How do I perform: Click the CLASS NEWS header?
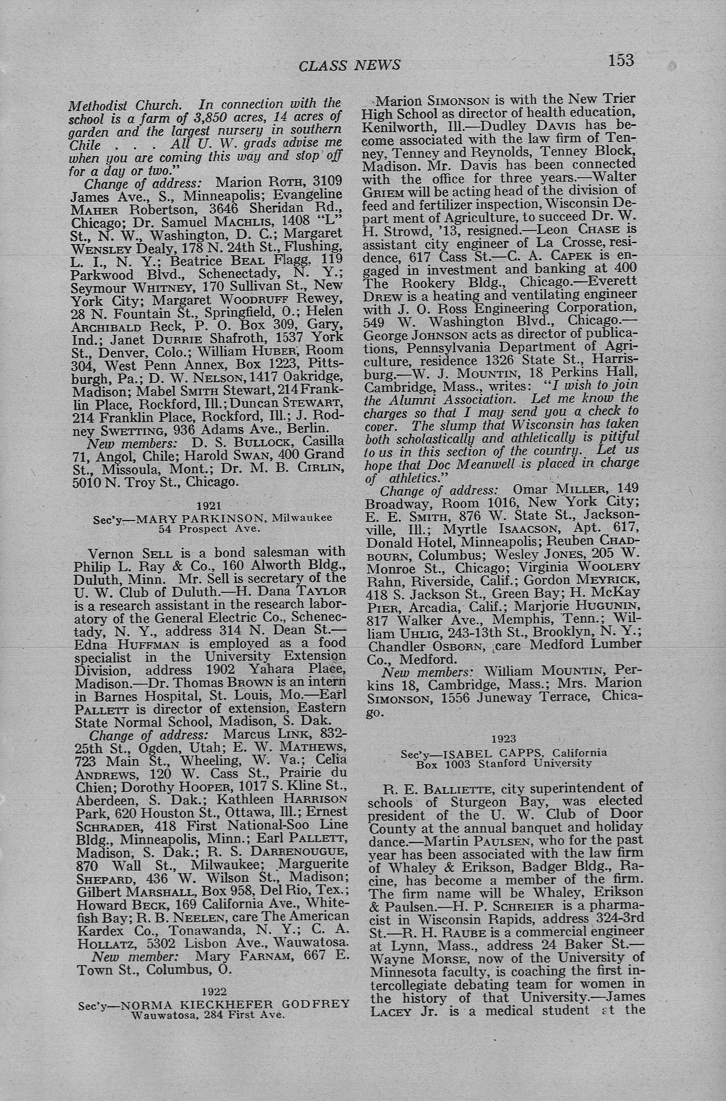[x=350, y=65]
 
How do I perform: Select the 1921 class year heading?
[x=209, y=505]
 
